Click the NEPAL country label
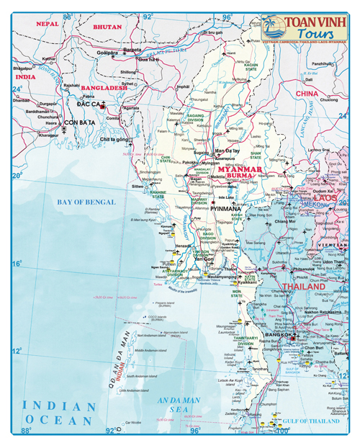tap(47, 24)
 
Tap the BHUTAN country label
tap(107, 27)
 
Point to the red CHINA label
tap(307, 94)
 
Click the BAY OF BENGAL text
tap(86, 202)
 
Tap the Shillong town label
tap(128, 72)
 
